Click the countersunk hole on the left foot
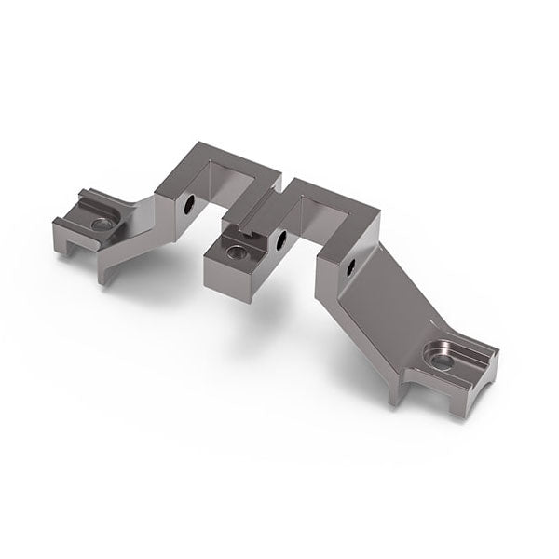click(x=100, y=225)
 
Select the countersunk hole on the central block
click(x=237, y=251)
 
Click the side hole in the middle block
click(x=279, y=240)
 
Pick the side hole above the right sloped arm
click(x=351, y=269)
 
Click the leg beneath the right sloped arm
click(x=397, y=391)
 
